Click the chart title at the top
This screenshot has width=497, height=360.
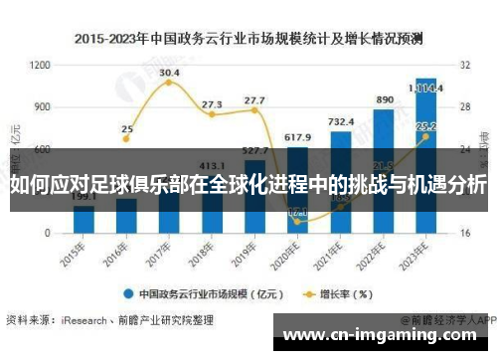(x=248, y=39)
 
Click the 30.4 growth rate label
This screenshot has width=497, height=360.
(x=169, y=73)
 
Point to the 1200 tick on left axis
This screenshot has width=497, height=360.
(x=40, y=65)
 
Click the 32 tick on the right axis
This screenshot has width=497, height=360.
(x=463, y=65)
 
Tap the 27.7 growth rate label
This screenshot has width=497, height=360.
(x=254, y=100)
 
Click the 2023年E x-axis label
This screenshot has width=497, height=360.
(x=425, y=253)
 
